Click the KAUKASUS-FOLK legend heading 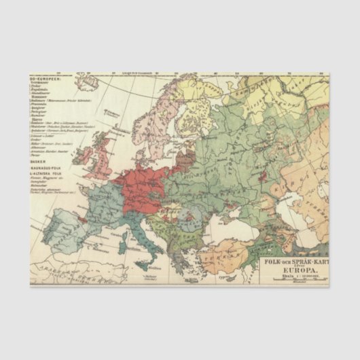pyautogui.click(x=46, y=168)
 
